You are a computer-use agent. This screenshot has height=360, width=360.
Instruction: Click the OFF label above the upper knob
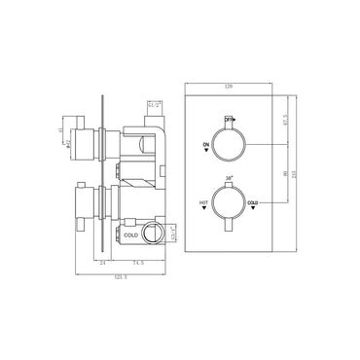pos(230,117)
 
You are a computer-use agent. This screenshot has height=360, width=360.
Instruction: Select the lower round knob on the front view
pos(230,205)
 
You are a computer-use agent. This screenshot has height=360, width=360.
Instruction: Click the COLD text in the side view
pos(130,234)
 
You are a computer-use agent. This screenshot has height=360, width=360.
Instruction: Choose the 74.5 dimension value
pos(136,262)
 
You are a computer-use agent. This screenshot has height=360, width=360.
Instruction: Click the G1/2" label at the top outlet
pos(153,103)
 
